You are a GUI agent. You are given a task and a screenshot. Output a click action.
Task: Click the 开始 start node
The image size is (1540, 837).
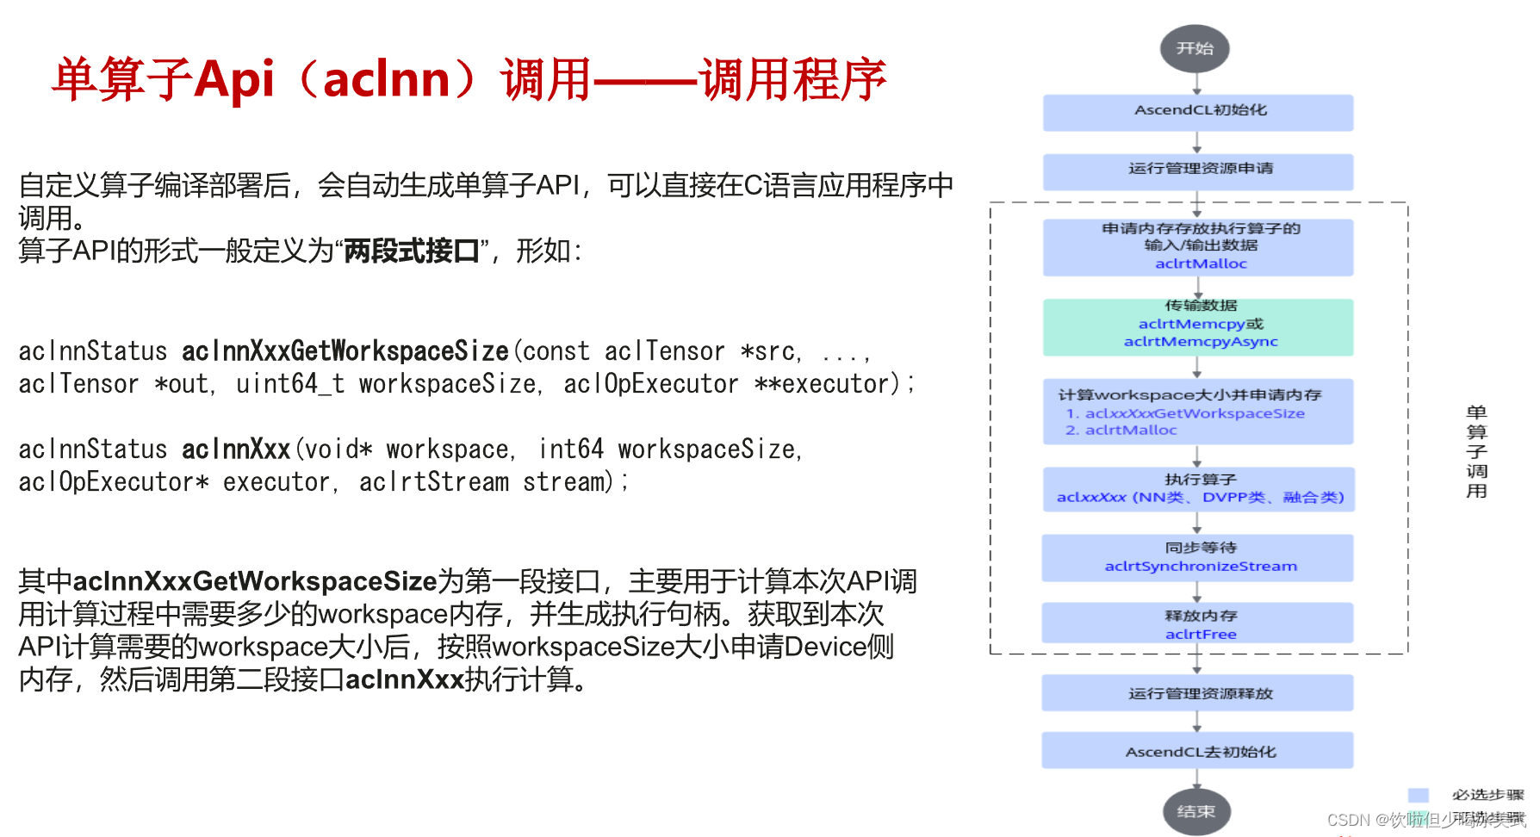tap(1195, 48)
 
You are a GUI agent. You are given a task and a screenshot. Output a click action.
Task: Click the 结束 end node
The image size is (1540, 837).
tap(1195, 811)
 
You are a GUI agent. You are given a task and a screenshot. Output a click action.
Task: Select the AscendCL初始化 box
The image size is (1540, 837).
tap(1198, 112)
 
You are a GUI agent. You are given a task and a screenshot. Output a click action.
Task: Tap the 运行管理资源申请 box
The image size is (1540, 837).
tap(1198, 170)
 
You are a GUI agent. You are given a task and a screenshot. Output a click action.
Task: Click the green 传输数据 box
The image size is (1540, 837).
tap(1198, 326)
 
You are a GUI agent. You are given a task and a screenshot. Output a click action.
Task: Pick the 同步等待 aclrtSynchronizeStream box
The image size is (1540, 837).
tap(1198, 557)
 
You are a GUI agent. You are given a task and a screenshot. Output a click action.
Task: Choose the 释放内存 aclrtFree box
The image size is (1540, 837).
tap(1198, 623)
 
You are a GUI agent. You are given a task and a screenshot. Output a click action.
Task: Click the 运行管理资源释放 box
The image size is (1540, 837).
tap(1198, 693)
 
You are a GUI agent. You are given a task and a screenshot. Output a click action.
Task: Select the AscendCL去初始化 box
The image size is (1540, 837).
tap(1198, 751)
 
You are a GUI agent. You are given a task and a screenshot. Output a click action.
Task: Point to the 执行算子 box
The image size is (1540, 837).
tap(1198, 488)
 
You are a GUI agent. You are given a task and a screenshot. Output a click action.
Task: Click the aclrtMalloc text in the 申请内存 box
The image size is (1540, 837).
tap(1201, 263)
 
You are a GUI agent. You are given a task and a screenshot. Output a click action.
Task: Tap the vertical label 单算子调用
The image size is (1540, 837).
tap(1476, 451)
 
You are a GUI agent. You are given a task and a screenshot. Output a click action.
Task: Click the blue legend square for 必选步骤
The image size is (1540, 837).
tap(1418, 794)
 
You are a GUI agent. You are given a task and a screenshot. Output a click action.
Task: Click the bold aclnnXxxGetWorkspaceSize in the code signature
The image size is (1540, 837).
tap(345, 351)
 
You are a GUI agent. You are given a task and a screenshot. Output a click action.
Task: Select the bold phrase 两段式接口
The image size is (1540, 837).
tap(412, 251)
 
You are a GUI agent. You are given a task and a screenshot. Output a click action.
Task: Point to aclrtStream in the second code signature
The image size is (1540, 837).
tap(433, 482)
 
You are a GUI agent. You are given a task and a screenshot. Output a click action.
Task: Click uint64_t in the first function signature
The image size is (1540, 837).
tap(290, 384)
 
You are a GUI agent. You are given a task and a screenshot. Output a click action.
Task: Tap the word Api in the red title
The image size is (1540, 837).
tap(234, 80)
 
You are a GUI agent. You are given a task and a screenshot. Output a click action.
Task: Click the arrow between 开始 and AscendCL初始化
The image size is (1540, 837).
tap(1196, 84)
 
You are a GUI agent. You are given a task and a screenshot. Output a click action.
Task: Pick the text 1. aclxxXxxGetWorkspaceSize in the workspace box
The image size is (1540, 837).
tap(1185, 413)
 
